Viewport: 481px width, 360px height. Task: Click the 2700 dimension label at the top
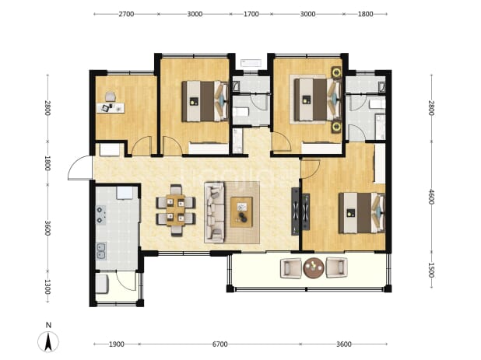(x=126, y=14)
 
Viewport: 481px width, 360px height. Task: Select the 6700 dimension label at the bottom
(x=220, y=344)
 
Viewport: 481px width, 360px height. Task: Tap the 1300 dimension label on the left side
(x=47, y=287)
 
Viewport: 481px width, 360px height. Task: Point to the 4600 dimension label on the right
(x=431, y=197)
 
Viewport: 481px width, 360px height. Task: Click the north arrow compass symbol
(x=48, y=341)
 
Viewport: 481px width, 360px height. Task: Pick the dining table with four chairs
(x=175, y=210)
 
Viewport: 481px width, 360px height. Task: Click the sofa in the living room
(x=214, y=212)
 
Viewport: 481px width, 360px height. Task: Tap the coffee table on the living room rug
(x=241, y=212)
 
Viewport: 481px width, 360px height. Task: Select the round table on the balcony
(x=314, y=267)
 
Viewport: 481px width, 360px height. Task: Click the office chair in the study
(x=110, y=96)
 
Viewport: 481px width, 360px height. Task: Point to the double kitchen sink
(x=100, y=251)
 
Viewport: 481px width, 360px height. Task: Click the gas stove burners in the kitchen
(x=100, y=215)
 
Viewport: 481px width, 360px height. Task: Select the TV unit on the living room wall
(x=295, y=211)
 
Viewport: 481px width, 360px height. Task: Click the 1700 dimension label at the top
(x=251, y=14)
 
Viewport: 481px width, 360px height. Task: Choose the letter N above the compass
(x=48, y=325)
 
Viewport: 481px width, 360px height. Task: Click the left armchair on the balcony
(x=291, y=268)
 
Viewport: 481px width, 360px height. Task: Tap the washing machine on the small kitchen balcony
(x=102, y=284)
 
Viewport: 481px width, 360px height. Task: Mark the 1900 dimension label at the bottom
(x=117, y=344)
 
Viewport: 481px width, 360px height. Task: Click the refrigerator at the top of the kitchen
(x=125, y=192)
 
